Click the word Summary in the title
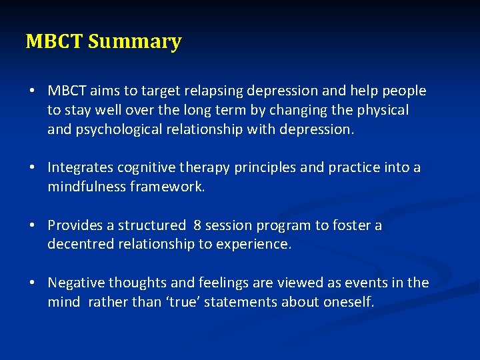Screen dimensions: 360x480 [135, 42]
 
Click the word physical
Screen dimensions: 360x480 [378, 110]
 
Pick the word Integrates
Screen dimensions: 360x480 [80, 168]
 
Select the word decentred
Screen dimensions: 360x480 [81, 245]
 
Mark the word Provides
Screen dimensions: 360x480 [75, 225]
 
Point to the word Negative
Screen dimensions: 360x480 [75, 283]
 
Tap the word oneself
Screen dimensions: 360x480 [348, 303]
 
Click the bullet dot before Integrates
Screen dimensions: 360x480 [32, 168]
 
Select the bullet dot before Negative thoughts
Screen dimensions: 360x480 [32, 283]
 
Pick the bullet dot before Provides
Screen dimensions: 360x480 [32, 225]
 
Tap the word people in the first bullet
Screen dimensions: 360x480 [405, 91]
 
